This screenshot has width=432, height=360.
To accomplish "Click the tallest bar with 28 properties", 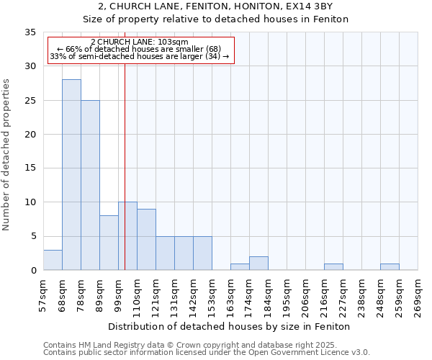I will coord(71,174).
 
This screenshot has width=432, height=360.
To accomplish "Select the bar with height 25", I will coord(90,185).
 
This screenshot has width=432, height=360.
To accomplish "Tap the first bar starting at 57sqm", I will coord(53,260).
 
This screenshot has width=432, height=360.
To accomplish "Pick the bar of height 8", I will coord(109,243).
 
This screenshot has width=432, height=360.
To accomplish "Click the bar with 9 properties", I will coord(146,239).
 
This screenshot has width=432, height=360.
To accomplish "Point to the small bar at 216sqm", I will coord(333,267).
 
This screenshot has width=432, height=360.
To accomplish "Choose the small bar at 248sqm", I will coord(390,267).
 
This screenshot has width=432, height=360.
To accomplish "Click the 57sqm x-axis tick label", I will coord(44,295).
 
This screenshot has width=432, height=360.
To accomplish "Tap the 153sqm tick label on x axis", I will coord(212,295).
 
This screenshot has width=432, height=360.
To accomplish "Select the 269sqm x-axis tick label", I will coord(418,295).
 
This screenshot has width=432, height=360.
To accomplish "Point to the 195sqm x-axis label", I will coord(287,295).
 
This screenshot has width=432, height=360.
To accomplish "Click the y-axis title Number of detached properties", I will coord(8,155).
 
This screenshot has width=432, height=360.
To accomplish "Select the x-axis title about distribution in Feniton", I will coord(230,326).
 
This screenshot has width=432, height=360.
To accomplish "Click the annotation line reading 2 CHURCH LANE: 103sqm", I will coord(140,42).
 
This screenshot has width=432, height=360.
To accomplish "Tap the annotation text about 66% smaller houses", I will coord(140,49).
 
